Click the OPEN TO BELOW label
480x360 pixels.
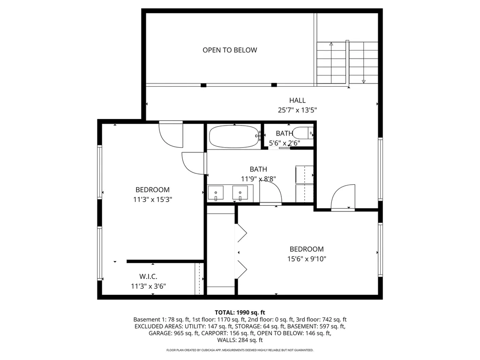click(230, 50)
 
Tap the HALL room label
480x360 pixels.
click(297, 100)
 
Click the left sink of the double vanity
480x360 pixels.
click(216, 192)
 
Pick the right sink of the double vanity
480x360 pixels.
click(240, 192)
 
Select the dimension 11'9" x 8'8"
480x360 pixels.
click(258, 179)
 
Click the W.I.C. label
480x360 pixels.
click(149, 276)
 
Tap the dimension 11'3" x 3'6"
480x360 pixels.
click(149, 286)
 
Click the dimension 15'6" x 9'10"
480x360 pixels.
click(306, 259)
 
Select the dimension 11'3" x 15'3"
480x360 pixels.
click(152, 199)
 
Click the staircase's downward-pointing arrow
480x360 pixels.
click(364, 81)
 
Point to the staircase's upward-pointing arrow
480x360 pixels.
click(331, 44)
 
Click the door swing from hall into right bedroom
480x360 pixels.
click(342, 197)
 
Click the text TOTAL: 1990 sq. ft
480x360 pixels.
click(240, 312)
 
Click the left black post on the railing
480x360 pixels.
click(203, 85)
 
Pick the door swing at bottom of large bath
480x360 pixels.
click(270, 192)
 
